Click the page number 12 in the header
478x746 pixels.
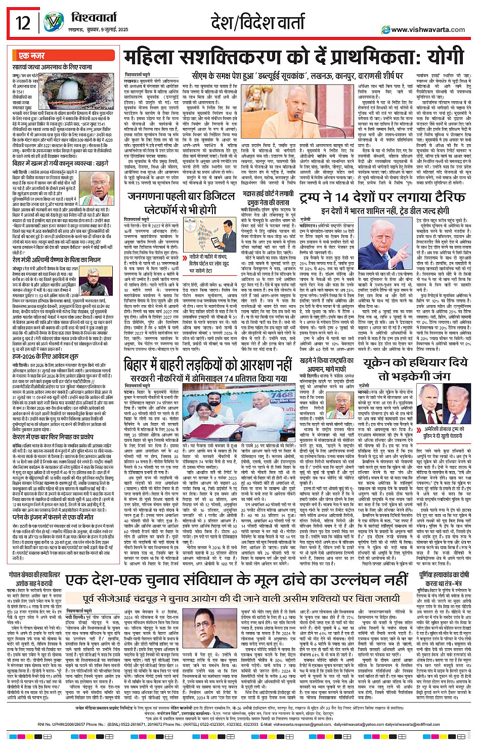23,23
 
